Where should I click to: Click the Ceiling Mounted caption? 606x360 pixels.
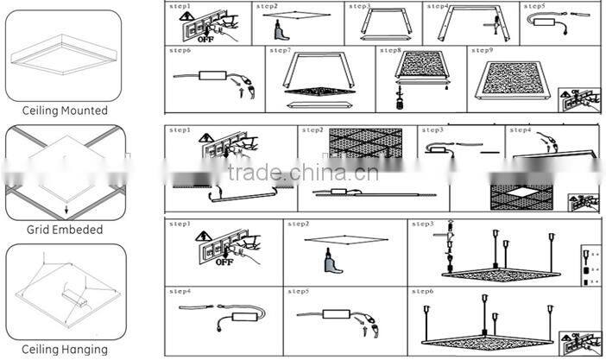point(65,111)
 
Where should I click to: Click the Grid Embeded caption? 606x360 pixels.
point(65,231)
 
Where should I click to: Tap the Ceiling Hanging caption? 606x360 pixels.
point(65,350)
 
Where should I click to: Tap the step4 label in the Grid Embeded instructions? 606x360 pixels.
point(521,130)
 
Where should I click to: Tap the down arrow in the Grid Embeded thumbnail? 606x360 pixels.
point(65,208)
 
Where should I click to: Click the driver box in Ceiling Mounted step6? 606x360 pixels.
point(210,76)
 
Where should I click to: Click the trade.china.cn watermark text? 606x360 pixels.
point(302,172)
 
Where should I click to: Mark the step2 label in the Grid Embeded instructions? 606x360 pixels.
point(311,130)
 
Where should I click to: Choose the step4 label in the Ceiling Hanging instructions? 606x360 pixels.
point(180,291)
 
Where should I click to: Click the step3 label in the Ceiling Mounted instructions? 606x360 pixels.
point(359,6)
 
